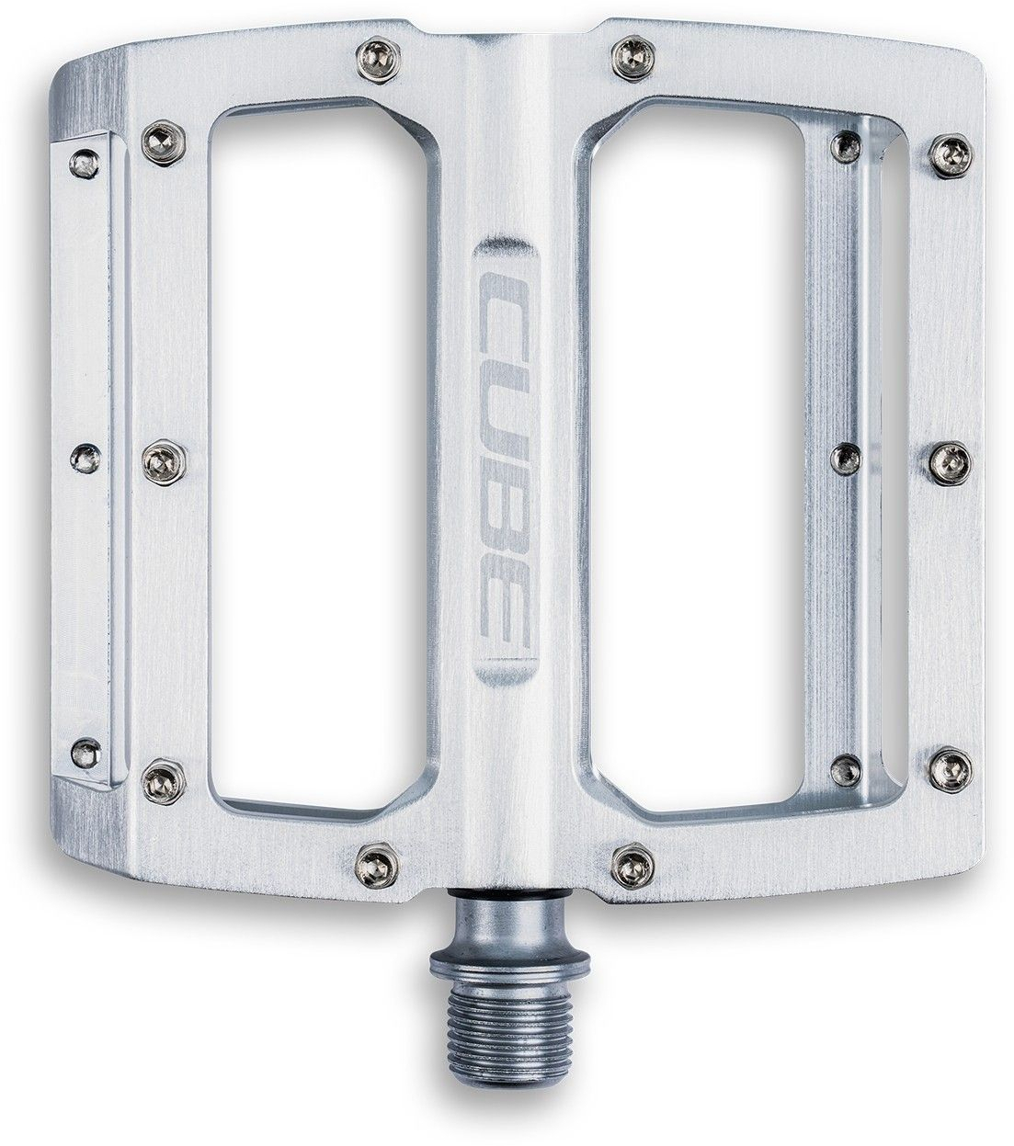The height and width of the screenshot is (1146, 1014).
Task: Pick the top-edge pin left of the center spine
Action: click(372, 48)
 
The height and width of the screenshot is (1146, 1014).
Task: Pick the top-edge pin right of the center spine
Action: click(627, 47)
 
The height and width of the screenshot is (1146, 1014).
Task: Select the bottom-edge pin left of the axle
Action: click(374, 860)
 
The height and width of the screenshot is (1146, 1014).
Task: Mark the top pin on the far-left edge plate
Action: click(85, 160)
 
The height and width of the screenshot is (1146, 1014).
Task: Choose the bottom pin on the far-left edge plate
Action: click(85, 746)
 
